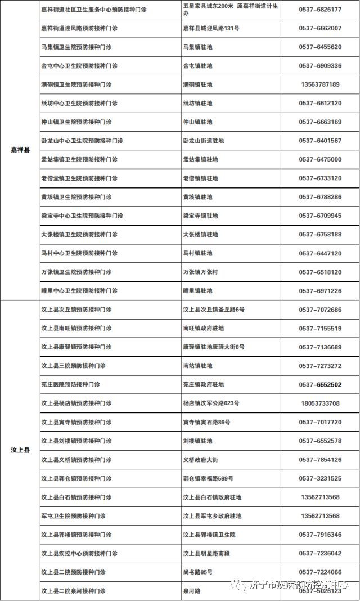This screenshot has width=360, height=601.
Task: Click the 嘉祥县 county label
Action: [x=20, y=150]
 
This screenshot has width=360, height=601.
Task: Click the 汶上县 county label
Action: [x=20, y=450]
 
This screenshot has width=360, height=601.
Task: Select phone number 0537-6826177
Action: [x=319, y=10]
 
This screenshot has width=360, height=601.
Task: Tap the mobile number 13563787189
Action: [x=319, y=84]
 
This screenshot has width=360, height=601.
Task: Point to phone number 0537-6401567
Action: [x=319, y=141]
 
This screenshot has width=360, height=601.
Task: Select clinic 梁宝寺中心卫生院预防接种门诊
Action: [x=82, y=216]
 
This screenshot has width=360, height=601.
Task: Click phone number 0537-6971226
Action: [x=319, y=291]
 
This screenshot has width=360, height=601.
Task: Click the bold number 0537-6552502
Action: [x=319, y=384]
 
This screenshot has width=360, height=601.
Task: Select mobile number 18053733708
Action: [x=319, y=403]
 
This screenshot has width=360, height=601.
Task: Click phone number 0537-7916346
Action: [x=319, y=535]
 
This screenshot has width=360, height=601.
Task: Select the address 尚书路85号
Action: [x=197, y=572]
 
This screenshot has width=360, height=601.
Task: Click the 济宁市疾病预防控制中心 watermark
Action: [x=299, y=585]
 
